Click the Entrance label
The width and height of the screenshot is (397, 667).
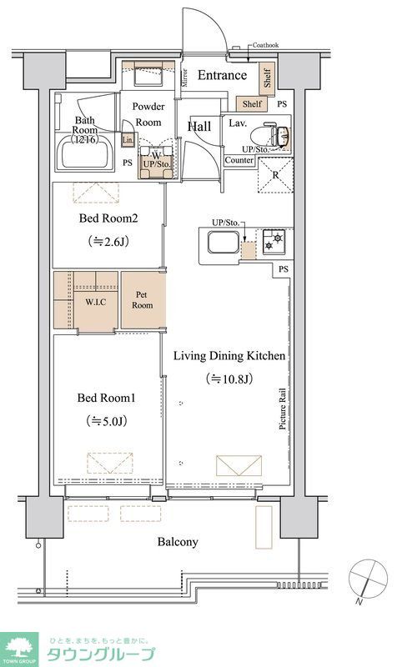coord(222,75)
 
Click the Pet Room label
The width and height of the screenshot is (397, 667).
coord(142,300)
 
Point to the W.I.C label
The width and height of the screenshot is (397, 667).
coord(96,302)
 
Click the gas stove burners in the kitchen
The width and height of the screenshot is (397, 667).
coord(274,241)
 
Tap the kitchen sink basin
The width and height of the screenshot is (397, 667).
coord(223,242)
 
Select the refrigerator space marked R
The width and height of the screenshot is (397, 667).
coord(276,175)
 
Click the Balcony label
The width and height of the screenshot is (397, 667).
coord(178,542)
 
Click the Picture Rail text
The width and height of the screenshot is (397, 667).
coord(283,409)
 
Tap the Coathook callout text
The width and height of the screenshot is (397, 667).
coord(265,45)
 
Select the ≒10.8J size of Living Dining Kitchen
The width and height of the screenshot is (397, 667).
coord(229,379)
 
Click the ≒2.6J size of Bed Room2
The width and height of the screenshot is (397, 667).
coord(108,242)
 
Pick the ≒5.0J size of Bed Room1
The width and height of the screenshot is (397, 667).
coord(107,421)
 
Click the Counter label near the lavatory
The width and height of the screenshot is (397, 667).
coord(239,160)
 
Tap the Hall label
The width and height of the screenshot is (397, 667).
coord(199,127)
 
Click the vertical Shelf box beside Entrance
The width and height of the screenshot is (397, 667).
coord(268,79)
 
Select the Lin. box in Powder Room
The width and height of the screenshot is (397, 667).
coord(128,139)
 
